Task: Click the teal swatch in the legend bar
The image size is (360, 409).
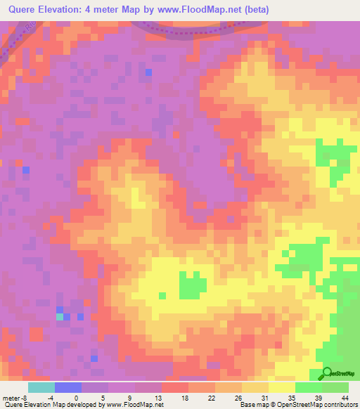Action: pyautogui.click(x=41, y=387)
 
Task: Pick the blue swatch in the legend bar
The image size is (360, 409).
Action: pyautogui.click(x=67, y=387)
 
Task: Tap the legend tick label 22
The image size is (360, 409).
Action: pyautogui.click(x=189, y=398)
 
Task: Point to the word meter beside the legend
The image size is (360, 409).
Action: pyautogui.click(x=10, y=398)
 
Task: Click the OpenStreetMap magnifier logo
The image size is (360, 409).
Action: pyautogui.click(x=328, y=373)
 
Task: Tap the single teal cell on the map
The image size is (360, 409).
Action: pyautogui.click(x=60, y=317)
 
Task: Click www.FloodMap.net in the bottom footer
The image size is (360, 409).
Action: pyautogui.click(x=134, y=405)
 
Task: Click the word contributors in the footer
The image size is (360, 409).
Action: pyautogui.click(x=338, y=405)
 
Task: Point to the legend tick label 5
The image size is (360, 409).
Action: pyautogui.click(x=108, y=398)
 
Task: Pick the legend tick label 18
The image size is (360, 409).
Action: pyautogui.click(x=162, y=398)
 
